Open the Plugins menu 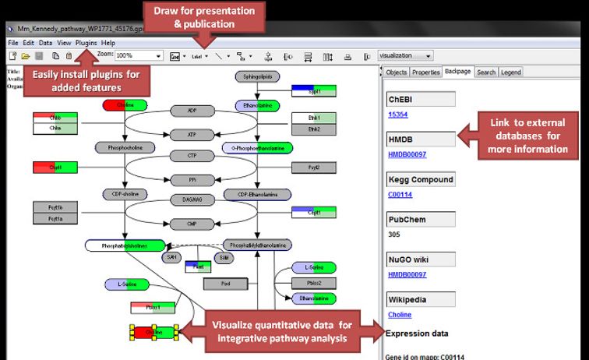coord(86,42)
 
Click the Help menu coord(108,42)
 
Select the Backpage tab coord(457,72)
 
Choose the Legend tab coord(511,72)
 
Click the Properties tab coord(425,72)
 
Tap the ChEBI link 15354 coord(398,114)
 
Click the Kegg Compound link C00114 coord(400,194)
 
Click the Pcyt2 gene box coord(313,167)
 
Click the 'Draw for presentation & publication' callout coord(205,17)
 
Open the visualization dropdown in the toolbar coord(405,56)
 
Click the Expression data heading coord(417,334)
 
